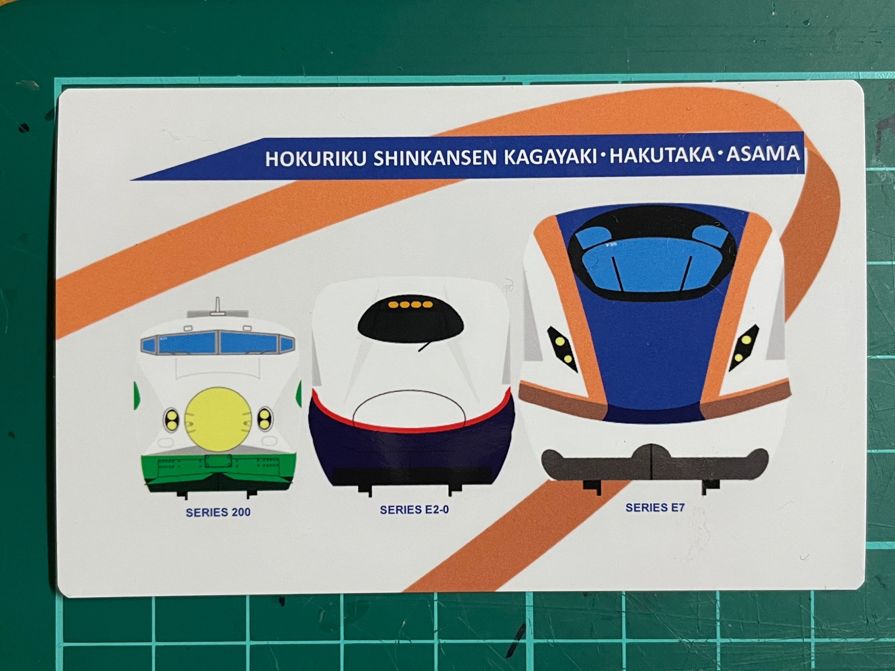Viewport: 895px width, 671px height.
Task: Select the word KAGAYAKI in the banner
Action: [x=550, y=156]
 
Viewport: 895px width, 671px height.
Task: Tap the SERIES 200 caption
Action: [x=218, y=512]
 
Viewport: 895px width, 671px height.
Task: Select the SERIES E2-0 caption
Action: [x=414, y=510]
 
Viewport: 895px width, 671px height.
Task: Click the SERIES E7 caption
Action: [x=655, y=508]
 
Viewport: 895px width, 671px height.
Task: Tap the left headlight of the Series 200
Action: [x=172, y=420]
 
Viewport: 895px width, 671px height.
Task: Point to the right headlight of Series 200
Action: [x=265, y=419]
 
